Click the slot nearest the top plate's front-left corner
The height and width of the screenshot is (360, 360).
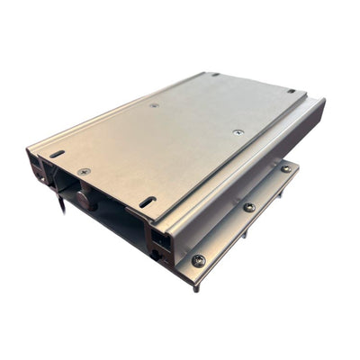coord(57,155)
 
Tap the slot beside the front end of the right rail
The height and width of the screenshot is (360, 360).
coord(146,201)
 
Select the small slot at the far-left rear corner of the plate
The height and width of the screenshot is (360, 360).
coord(214,75)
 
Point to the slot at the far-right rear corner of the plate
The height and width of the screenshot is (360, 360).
coord(291,90)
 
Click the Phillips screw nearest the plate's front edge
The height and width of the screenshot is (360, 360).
coord(84,171)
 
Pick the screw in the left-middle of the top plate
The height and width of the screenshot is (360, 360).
coord(154,105)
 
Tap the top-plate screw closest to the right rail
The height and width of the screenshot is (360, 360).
coord(238,132)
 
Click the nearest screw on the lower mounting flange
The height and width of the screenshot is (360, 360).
coord(198,260)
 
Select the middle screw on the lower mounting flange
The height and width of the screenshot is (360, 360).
coord(248,207)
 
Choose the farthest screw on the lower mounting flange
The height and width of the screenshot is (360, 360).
coord(285,168)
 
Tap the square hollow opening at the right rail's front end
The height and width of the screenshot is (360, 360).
coord(162,238)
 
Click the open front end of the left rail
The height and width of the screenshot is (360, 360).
coord(38,168)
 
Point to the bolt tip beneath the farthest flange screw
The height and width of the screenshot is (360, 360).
coord(282,193)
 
